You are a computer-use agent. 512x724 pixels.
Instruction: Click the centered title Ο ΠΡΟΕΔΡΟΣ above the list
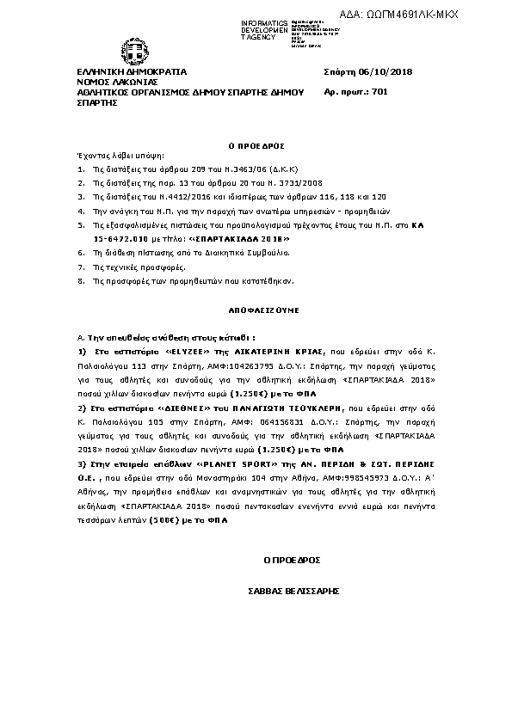(x=256, y=147)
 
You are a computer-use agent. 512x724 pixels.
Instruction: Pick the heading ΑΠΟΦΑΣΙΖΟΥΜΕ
(x=256, y=306)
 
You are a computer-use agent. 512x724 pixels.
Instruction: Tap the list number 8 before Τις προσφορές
(x=80, y=280)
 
